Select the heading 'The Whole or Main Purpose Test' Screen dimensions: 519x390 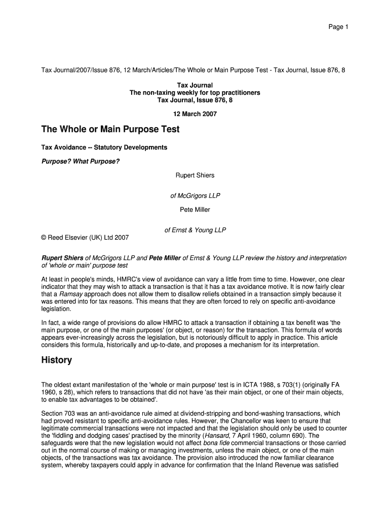[110, 130]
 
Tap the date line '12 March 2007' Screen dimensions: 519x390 [195, 114]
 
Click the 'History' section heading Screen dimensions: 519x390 [56, 360]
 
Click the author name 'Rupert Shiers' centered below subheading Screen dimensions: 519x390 [195, 175]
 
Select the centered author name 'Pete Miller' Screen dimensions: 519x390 [195, 209]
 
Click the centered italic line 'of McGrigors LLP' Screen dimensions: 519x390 [195, 195]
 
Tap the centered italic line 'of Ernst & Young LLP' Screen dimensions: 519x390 [195, 230]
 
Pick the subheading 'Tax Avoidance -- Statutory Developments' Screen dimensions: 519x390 [104, 147]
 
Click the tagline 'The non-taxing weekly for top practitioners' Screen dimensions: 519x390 [195, 93]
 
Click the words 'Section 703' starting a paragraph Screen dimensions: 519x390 [58, 414]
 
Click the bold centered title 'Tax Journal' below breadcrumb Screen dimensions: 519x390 [195, 85]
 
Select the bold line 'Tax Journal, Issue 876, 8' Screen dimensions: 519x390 [195, 100]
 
